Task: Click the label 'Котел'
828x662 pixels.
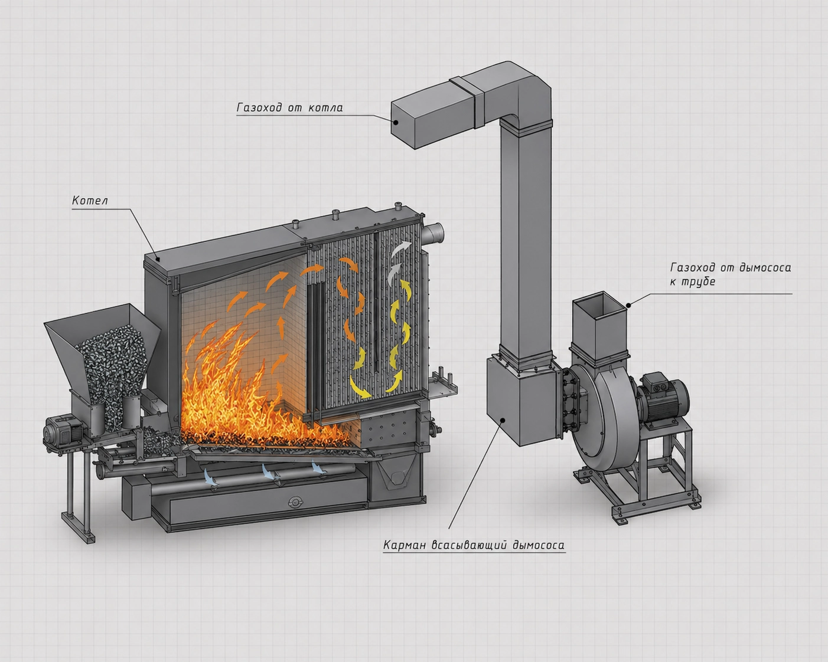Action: click(90, 200)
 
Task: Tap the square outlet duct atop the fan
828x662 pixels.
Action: click(599, 327)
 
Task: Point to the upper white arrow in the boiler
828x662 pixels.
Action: click(401, 249)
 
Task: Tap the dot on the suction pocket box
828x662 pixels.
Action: click(502, 420)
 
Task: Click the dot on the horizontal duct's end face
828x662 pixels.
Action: click(396, 122)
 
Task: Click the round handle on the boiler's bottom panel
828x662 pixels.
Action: click(295, 502)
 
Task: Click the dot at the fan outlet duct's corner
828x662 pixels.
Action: click(628, 306)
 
